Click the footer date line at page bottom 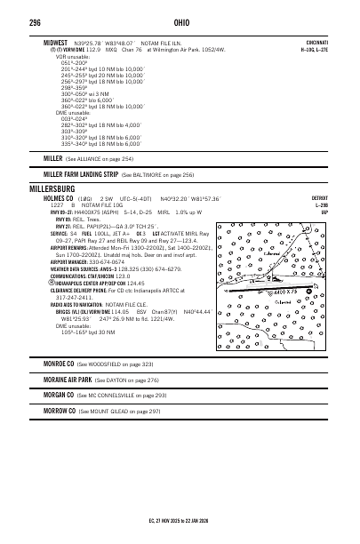coord(180,521)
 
